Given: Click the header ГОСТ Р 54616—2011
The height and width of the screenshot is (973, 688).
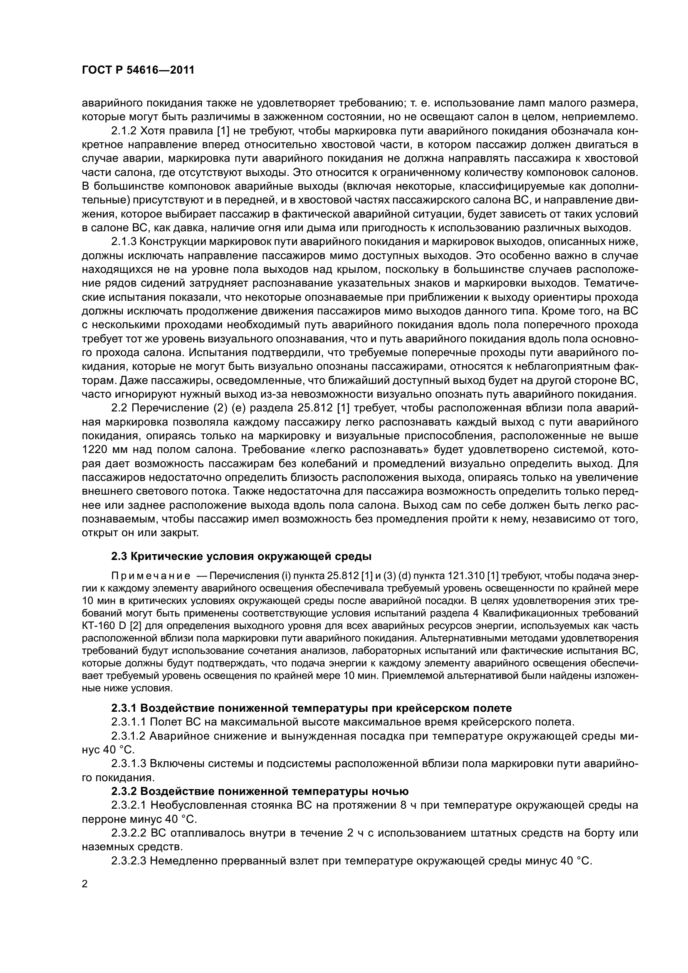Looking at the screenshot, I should click(x=138, y=70).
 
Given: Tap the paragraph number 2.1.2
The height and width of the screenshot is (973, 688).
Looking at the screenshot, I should click(x=125, y=131).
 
